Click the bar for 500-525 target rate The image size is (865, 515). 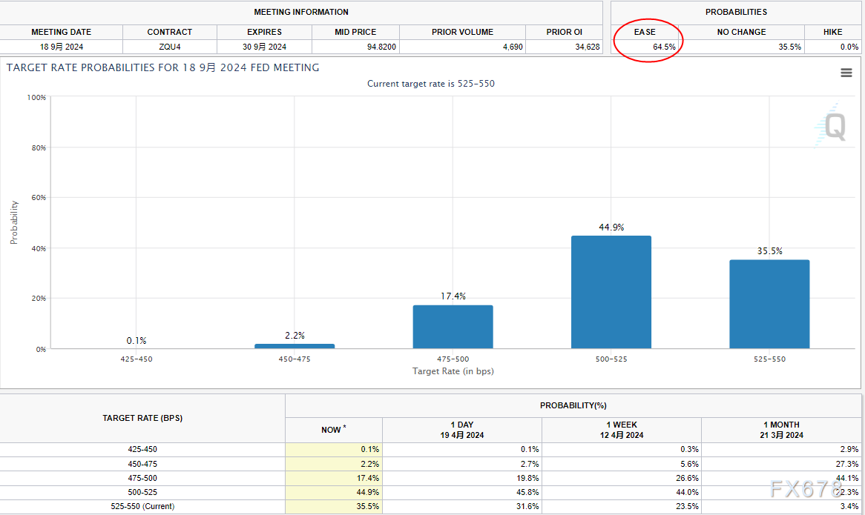pyautogui.click(x=611, y=292)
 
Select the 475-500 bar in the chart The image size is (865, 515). pyautogui.click(x=453, y=327)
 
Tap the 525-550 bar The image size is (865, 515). pyautogui.click(x=769, y=304)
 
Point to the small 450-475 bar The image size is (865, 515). pyautogui.click(x=295, y=345)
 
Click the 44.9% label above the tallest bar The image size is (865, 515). pyautogui.click(x=611, y=227)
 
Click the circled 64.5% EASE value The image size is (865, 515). pyautogui.click(x=664, y=47)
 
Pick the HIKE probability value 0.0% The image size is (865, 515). pyautogui.click(x=849, y=47)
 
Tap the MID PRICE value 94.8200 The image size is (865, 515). pyautogui.click(x=381, y=47)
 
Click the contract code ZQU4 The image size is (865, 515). pyautogui.click(x=169, y=47)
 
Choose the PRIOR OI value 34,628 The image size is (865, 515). pyautogui.click(x=587, y=47)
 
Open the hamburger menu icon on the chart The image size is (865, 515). pyautogui.click(x=846, y=73)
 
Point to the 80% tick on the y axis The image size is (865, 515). pyautogui.click(x=37, y=147)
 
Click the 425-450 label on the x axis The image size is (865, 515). pyautogui.click(x=137, y=359)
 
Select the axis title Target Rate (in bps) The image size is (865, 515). pyautogui.click(x=453, y=371)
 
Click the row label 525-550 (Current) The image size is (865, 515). pyautogui.click(x=142, y=506)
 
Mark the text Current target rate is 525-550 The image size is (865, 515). pyautogui.click(x=430, y=84)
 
